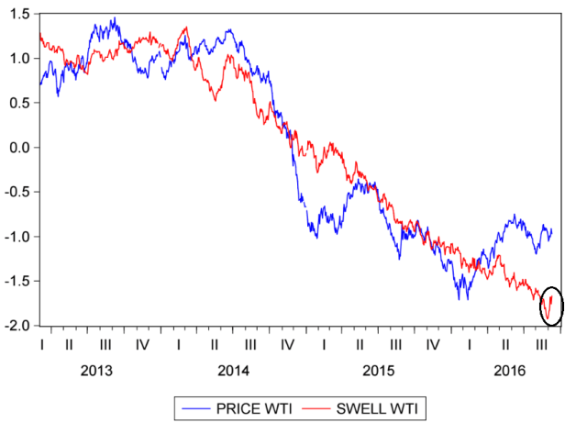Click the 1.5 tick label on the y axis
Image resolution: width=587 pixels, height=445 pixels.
coord(19,14)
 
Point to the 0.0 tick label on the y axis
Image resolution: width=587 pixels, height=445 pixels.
coord(19,147)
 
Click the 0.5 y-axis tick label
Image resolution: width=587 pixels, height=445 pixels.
coord(19,103)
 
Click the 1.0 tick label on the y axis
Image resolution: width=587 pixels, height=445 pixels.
coord(19,58)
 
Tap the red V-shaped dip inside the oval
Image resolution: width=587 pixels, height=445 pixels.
coord(548,317)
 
